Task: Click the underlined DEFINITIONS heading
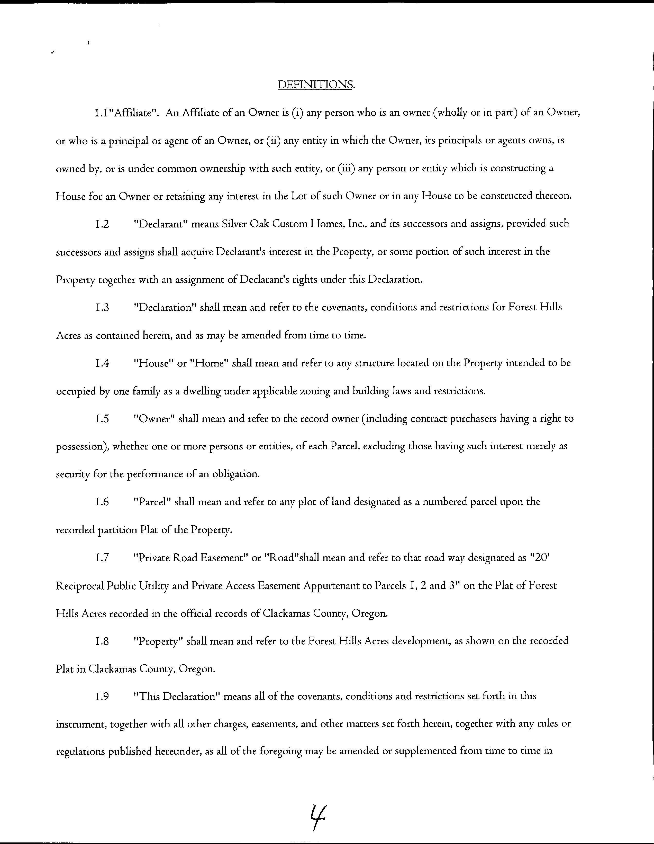click(x=315, y=85)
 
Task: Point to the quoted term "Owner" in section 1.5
click(x=154, y=419)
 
